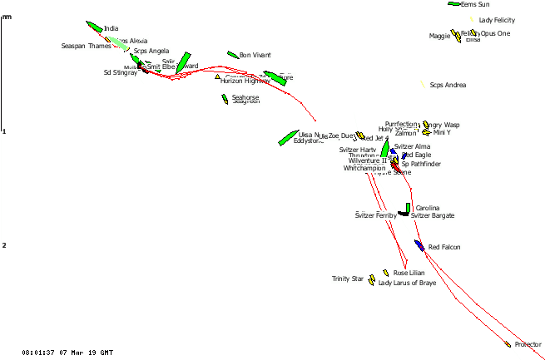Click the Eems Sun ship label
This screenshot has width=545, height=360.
click(475, 4)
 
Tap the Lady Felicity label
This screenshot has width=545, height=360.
click(498, 20)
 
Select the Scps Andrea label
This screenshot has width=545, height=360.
click(448, 86)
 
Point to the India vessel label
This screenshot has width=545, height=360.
click(111, 28)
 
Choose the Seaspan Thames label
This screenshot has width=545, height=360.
click(86, 47)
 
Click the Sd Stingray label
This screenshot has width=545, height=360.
click(120, 72)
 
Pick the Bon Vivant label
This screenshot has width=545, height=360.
click(255, 55)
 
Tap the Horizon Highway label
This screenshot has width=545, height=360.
click(240, 81)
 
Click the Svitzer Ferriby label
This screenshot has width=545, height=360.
click(376, 215)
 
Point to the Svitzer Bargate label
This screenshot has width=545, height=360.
click(433, 215)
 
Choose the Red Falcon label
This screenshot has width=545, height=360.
click(444, 247)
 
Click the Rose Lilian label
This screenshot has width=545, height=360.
click(409, 273)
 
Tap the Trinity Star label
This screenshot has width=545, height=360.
click(348, 279)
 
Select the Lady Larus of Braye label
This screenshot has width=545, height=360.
click(407, 284)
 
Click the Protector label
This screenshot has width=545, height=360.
click(528, 344)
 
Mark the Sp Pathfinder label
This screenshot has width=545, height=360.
click(421, 164)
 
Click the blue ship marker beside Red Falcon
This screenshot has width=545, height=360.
click(421, 245)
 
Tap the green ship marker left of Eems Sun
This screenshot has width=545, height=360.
click(453, 4)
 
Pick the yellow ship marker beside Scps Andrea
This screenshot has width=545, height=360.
click(423, 85)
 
